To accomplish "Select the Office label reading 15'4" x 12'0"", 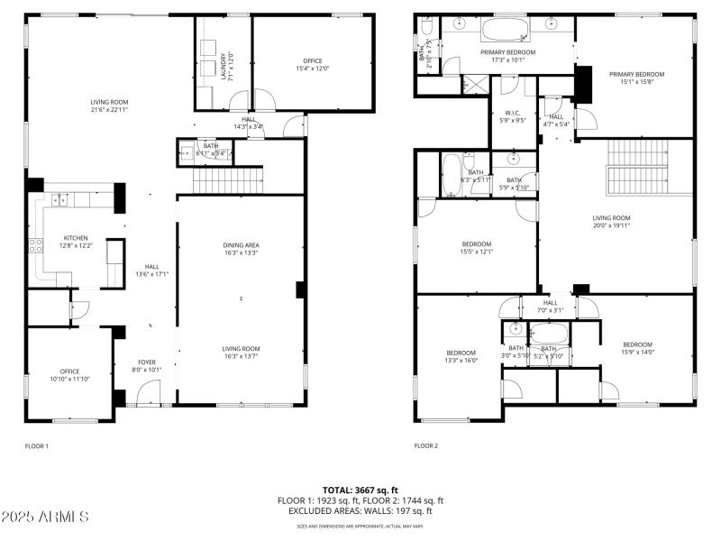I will click(x=313, y=65).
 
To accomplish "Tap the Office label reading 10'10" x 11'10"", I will click(x=69, y=375).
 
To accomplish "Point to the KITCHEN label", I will click(x=49, y=242).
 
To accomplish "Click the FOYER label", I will click(x=147, y=365).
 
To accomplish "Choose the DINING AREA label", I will click(x=241, y=249).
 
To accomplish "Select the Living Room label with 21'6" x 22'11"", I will click(x=109, y=106).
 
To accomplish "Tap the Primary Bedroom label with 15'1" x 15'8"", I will click(x=636, y=78).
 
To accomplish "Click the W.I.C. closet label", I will click(x=514, y=115).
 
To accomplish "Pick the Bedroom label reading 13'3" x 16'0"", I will click(x=461, y=356).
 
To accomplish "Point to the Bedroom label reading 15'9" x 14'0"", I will click(x=637, y=348).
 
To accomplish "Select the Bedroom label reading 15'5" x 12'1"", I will click(x=477, y=248).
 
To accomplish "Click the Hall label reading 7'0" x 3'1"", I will click(x=550, y=307).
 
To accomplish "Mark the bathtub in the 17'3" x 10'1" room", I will click(x=507, y=29).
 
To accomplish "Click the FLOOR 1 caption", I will click(x=36, y=445).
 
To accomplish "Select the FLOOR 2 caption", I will click(x=425, y=445).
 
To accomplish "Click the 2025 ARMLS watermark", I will click(x=45, y=517).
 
